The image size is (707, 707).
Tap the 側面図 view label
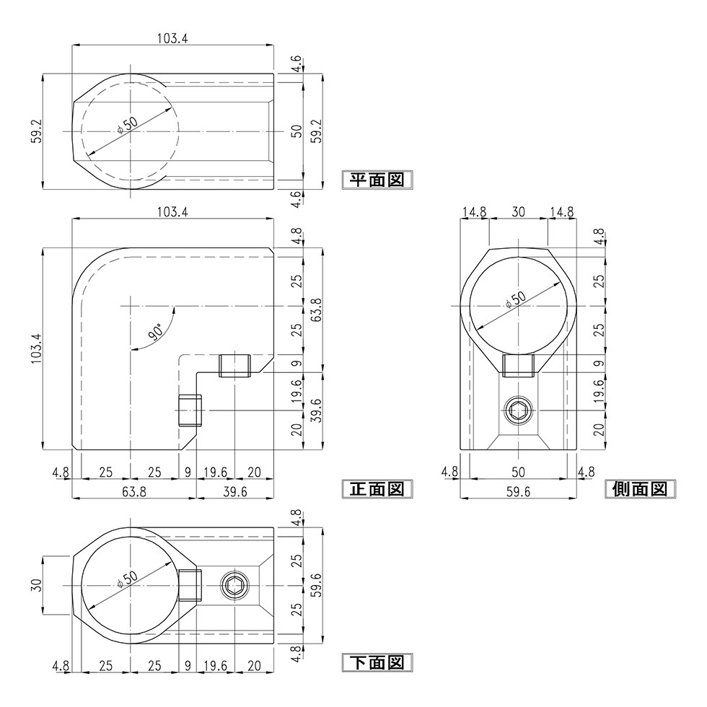(x=638, y=489)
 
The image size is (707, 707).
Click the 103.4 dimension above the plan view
(x=172, y=39)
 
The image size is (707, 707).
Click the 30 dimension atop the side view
(x=518, y=212)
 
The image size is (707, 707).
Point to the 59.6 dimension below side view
(x=518, y=492)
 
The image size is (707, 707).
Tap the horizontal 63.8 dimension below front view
(x=134, y=492)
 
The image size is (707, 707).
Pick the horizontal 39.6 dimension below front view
(x=235, y=492)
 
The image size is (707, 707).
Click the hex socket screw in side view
(x=518, y=413)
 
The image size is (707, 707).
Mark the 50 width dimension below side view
(x=518, y=472)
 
